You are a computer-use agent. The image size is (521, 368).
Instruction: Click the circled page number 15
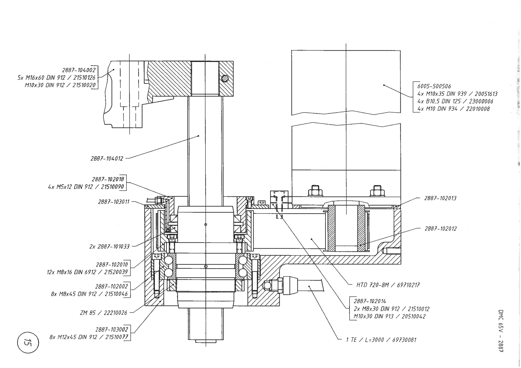pos(28,343)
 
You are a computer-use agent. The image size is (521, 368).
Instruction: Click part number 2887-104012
pos(107,159)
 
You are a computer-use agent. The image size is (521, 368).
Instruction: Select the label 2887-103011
pos(114,202)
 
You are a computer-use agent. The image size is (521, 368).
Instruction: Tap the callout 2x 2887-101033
pos(109,247)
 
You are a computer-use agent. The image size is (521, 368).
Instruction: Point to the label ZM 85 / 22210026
pos(103,313)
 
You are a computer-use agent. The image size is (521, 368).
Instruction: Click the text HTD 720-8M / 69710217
pos(388,285)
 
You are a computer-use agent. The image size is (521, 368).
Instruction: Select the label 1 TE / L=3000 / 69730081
pos(381,340)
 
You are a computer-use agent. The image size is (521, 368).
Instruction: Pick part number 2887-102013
pos(440,198)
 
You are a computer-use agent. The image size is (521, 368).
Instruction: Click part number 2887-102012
pos(440,228)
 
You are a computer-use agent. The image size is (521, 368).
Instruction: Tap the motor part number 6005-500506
pos(434,86)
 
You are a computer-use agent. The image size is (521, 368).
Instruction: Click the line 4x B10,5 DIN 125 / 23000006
pos(455,101)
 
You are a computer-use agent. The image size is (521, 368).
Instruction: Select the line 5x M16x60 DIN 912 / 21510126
pos(56,78)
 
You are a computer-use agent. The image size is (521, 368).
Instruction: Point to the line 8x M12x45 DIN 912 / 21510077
pos(89,337)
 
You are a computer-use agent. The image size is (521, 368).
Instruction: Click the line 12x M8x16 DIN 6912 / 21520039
pos(87,272)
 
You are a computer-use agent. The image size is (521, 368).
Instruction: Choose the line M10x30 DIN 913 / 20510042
pos(390,316)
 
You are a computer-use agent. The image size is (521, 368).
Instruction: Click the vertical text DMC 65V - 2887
pos(501,331)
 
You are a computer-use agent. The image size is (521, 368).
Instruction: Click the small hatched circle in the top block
pos(225,78)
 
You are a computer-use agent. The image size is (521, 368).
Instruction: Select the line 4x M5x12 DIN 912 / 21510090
pos(86,187)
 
